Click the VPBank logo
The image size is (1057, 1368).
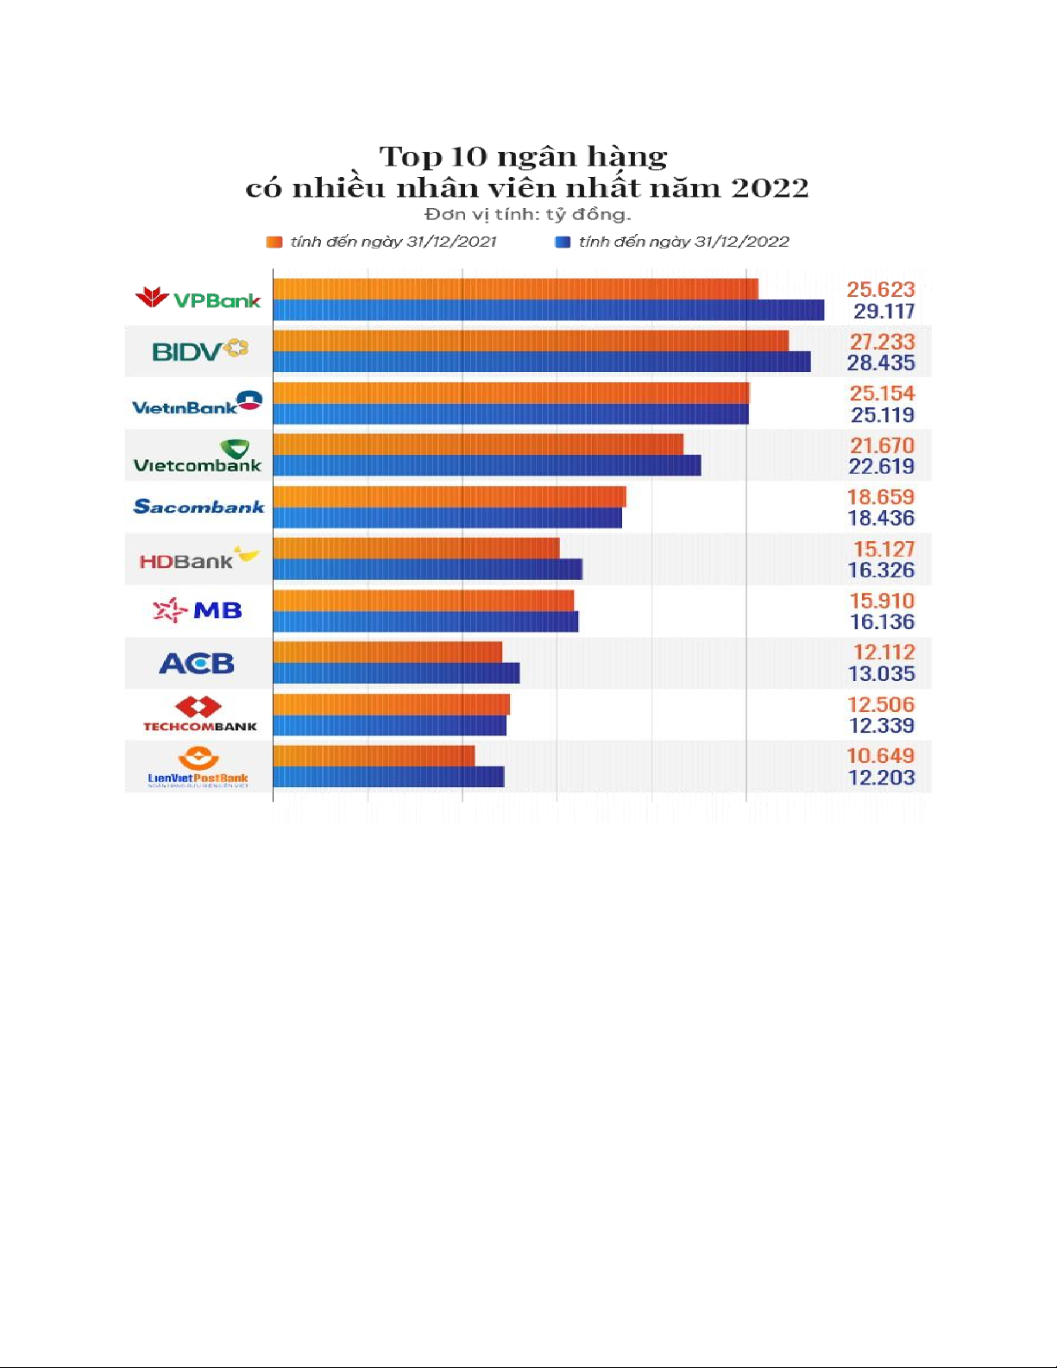(x=198, y=299)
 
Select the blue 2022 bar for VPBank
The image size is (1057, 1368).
(x=548, y=310)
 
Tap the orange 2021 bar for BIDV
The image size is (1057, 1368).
(x=531, y=341)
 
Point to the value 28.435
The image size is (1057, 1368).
(x=880, y=362)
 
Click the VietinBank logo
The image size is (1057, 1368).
(x=197, y=403)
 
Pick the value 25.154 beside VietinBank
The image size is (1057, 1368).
(x=881, y=394)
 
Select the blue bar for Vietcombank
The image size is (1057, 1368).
(x=487, y=466)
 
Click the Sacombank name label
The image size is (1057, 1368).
(x=198, y=507)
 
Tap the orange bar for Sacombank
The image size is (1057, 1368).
(x=450, y=496)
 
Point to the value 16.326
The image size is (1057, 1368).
(x=880, y=570)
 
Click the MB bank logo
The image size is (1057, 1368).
(x=198, y=610)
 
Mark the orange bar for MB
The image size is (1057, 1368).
(x=423, y=600)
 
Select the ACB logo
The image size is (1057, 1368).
(x=197, y=663)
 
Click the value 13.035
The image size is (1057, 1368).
(x=880, y=673)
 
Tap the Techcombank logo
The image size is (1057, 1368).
(x=199, y=714)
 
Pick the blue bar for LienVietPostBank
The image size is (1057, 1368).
(x=388, y=777)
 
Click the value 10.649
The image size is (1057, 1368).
(x=880, y=756)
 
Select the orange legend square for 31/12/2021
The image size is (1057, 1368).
(x=274, y=242)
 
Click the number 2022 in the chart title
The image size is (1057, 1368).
(x=770, y=187)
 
